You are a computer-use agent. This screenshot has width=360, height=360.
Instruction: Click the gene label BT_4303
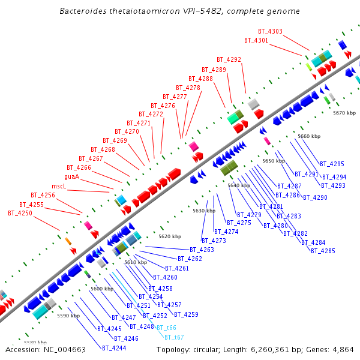(270, 31)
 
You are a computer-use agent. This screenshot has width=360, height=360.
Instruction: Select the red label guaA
(71, 177)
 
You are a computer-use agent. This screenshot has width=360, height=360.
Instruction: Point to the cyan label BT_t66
(166, 328)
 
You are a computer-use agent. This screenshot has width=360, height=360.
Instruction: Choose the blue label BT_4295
(332, 164)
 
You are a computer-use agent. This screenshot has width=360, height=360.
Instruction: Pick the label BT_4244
(114, 348)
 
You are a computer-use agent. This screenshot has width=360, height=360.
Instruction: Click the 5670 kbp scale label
(344, 113)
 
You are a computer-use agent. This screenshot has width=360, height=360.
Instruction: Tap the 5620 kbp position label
(169, 236)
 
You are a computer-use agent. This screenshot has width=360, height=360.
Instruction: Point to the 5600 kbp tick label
(101, 289)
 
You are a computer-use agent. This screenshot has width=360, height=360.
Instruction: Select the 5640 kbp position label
(238, 185)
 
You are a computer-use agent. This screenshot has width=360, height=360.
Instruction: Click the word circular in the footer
(215, 350)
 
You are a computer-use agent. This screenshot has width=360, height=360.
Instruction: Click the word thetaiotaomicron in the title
(144, 11)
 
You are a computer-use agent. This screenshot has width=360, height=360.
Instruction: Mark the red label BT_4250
(20, 213)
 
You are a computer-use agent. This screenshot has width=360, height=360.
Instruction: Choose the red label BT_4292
(229, 59)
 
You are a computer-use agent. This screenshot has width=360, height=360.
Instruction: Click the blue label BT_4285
(323, 251)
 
